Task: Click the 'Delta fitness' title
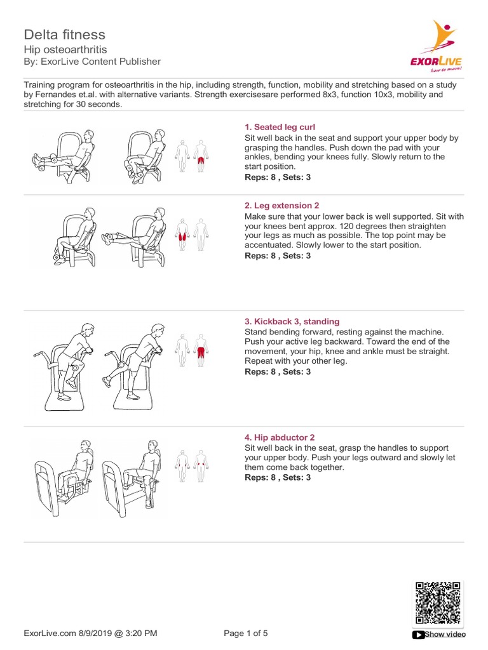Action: pyautogui.click(x=65, y=34)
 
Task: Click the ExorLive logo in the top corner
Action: pyautogui.click(x=436, y=44)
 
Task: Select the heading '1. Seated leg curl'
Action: pyautogui.click(x=280, y=127)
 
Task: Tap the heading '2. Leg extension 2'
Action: pyautogui.click(x=281, y=206)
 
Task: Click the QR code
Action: pyautogui.click(x=438, y=604)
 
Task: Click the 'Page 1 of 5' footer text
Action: pyautogui.click(x=247, y=633)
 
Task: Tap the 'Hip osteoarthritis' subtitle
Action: pyautogui.click(x=65, y=49)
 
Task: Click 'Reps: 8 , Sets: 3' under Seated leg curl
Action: pyautogui.click(x=278, y=178)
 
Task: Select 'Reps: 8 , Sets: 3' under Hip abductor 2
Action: pyautogui.click(x=278, y=477)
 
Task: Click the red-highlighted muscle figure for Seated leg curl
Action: pyautogui.click(x=201, y=156)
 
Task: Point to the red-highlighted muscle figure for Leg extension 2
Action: pyautogui.click(x=184, y=234)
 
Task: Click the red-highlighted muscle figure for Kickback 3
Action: pyautogui.click(x=201, y=348)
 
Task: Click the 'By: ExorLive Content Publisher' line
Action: pyautogui.click(x=92, y=62)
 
